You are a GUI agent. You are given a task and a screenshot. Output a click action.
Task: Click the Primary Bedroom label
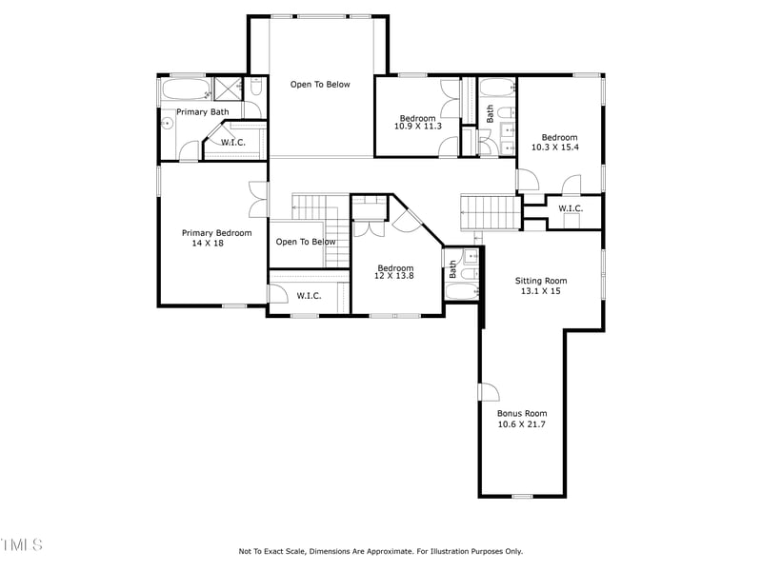[x=217, y=233]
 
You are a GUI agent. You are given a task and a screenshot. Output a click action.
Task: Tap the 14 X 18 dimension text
[x=208, y=244]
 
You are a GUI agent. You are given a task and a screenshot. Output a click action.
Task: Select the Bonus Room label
[x=522, y=414]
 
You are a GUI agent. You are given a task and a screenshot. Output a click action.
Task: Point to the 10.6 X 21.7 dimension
[x=522, y=424]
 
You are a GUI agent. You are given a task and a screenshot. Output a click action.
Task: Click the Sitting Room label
[x=541, y=281]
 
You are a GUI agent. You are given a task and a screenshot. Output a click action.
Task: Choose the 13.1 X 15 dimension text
[x=541, y=291]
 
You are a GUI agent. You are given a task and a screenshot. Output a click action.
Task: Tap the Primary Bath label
[x=202, y=112]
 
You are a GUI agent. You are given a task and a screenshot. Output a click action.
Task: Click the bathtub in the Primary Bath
[x=186, y=90]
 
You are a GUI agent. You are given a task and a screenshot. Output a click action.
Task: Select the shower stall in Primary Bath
[x=227, y=89]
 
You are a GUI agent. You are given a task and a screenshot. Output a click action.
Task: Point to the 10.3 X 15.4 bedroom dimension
[x=554, y=148]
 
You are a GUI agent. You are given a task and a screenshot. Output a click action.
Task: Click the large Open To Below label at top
[x=320, y=85]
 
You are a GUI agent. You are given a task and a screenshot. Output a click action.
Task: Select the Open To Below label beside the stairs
[x=306, y=242]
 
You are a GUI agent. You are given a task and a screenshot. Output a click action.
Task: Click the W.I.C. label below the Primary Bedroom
[x=309, y=296]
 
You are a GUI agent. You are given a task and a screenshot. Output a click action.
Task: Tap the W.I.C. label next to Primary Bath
[x=233, y=143]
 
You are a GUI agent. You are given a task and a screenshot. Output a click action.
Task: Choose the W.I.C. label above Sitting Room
[x=571, y=208]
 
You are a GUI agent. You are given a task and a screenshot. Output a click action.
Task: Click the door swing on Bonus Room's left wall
[x=488, y=392]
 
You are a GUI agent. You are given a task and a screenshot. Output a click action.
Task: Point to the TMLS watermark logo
[x=21, y=544]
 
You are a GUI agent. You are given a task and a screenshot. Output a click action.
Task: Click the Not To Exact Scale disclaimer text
[x=380, y=551]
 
